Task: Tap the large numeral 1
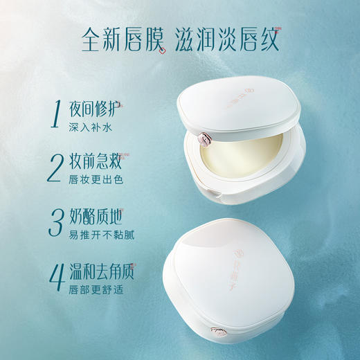55,115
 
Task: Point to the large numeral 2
56,165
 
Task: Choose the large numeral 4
56,274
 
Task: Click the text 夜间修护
94,109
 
